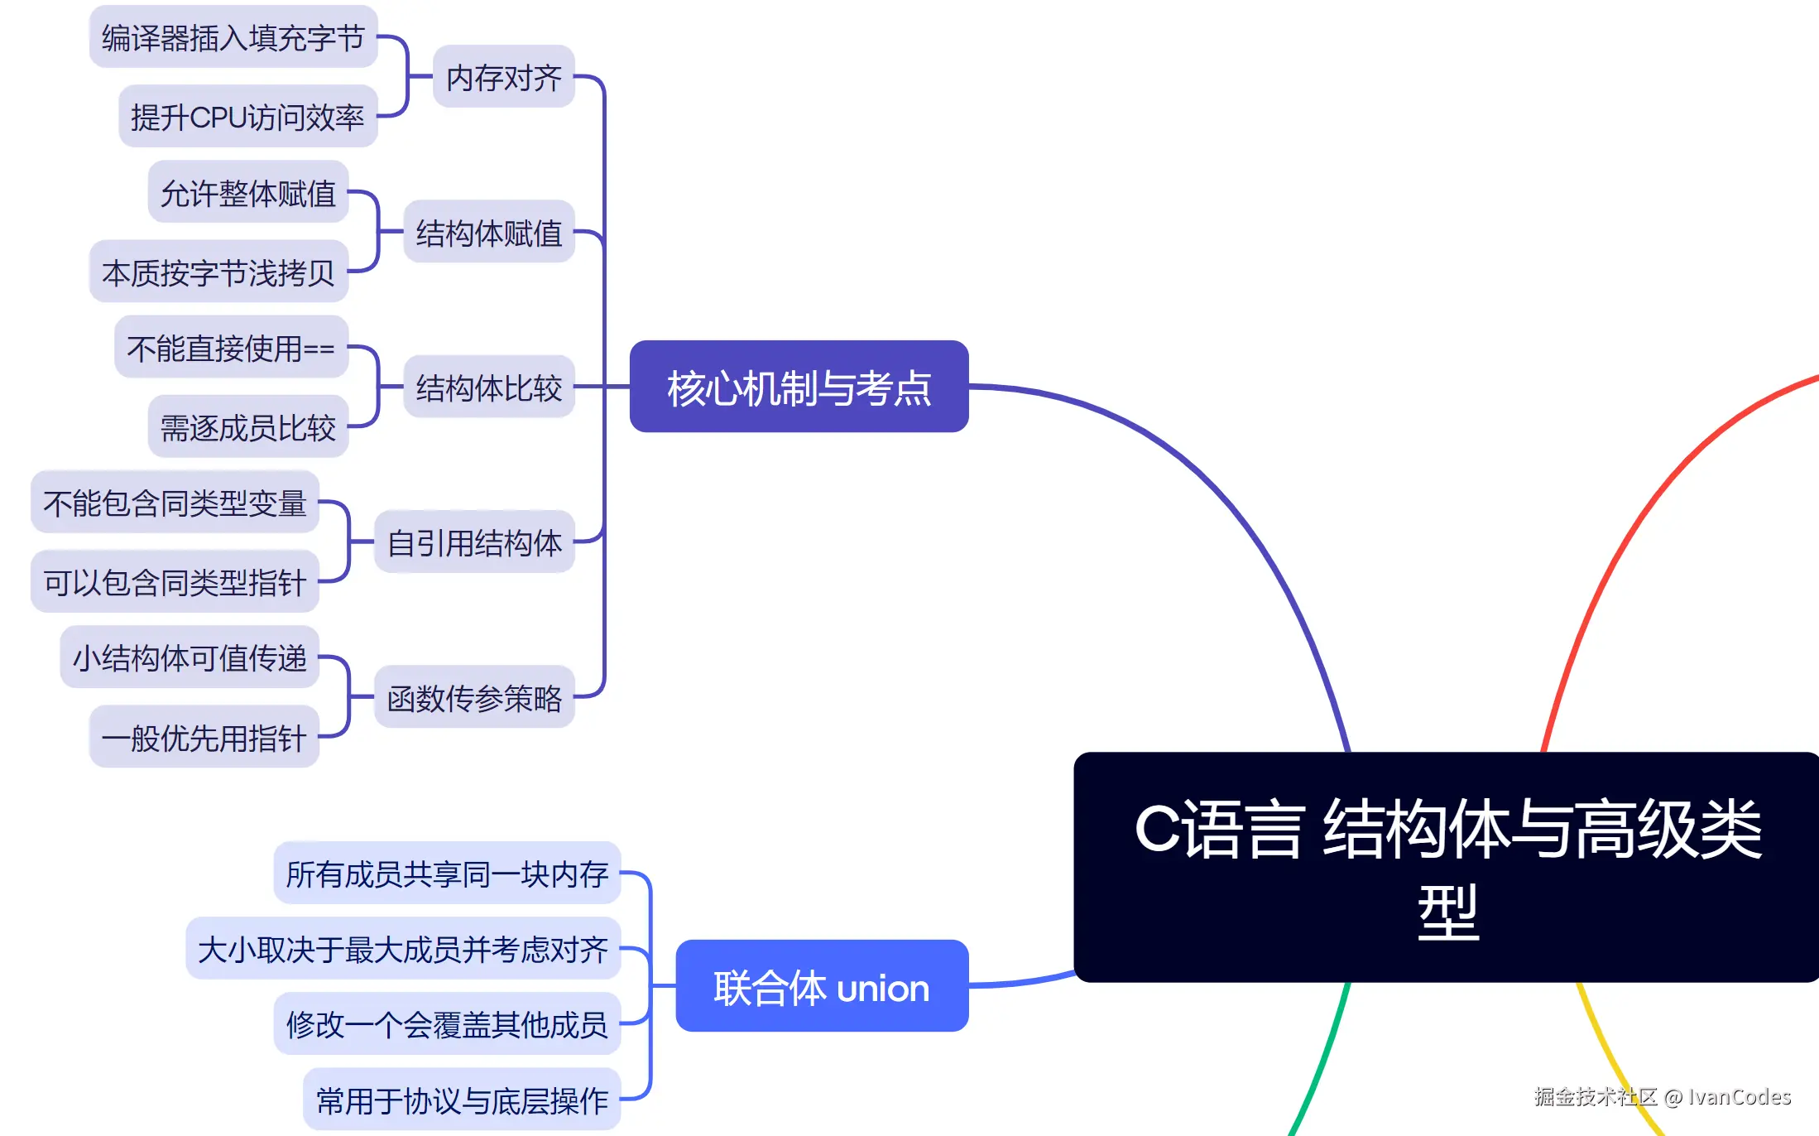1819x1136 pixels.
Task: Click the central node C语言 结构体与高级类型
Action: point(1447,867)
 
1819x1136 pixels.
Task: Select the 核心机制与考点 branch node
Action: point(799,387)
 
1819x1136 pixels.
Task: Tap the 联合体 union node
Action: point(822,986)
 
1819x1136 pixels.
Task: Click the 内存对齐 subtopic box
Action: point(504,77)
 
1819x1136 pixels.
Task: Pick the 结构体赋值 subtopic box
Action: point(489,232)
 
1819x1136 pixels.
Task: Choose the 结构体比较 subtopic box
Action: point(489,387)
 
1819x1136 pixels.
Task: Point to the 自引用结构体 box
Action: point(474,542)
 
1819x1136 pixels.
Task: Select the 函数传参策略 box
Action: point(474,697)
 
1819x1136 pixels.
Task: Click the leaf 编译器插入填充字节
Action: point(233,37)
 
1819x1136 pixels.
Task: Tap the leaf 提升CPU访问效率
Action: point(247,117)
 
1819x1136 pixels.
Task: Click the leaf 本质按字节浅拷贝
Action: point(218,272)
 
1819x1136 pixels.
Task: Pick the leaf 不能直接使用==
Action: point(231,347)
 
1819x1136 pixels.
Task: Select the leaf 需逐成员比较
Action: point(247,426)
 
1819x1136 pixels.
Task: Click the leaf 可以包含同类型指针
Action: point(175,581)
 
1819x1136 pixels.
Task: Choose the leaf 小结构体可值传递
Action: point(190,657)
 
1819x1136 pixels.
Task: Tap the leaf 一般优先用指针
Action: point(204,737)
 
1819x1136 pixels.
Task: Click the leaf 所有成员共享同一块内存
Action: point(447,873)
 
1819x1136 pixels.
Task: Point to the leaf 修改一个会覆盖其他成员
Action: point(447,1024)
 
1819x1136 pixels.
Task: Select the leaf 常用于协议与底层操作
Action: point(462,1100)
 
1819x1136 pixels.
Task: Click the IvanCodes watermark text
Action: point(1738,1096)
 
